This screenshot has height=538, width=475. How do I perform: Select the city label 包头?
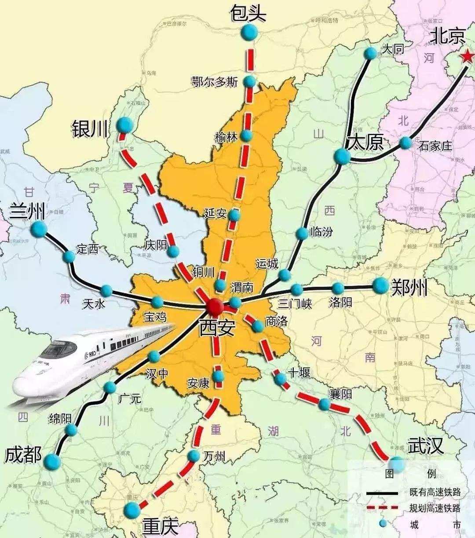tap(248, 13)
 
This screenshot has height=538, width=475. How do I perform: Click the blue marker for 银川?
tap(124, 124)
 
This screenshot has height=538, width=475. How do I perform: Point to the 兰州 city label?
tap(27, 212)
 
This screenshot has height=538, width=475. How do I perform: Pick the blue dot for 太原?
tap(341, 156)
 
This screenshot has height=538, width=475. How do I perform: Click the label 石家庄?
tap(435, 146)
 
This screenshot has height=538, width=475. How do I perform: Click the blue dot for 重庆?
tap(132, 510)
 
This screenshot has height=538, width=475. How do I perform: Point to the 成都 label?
tap(23, 455)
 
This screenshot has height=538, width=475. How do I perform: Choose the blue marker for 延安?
tap(235, 215)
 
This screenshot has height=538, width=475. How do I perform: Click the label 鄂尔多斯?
tap(215, 81)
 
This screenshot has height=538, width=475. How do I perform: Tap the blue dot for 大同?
tap(371, 53)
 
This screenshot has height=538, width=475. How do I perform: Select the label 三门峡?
tap(295, 303)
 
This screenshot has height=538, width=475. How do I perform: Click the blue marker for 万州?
tap(194, 456)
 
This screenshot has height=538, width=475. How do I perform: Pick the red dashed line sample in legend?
tap(382, 508)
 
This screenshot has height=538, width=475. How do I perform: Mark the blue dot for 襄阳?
tap(324, 404)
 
